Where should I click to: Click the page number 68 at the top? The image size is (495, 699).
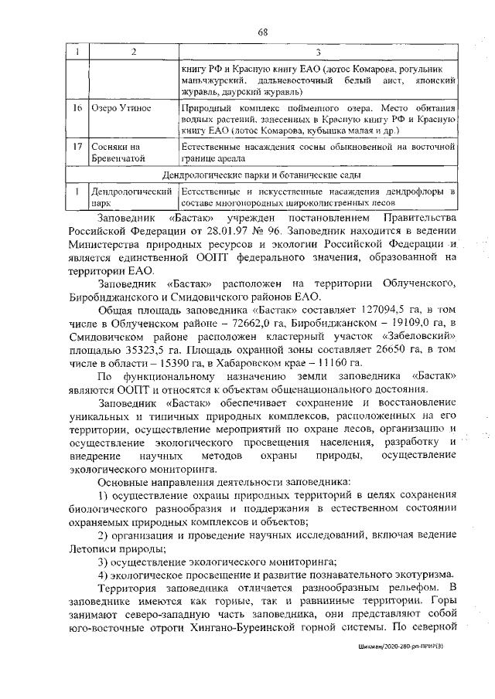[x=263, y=32]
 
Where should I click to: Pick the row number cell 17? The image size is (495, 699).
[x=78, y=147]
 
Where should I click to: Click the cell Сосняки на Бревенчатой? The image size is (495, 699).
[x=118, y=152]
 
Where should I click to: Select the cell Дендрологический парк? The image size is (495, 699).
[x=130, y=196]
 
